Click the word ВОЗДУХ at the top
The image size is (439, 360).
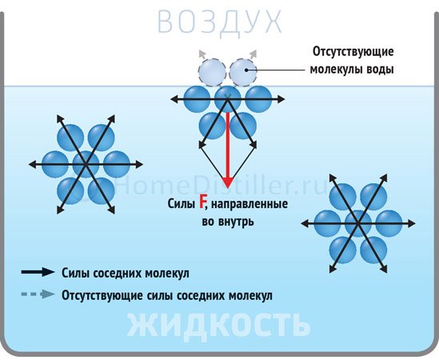(x=219, y=22)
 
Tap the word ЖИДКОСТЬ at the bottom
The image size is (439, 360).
(x=219, y=325)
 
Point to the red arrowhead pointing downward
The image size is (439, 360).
(x=228, y=182)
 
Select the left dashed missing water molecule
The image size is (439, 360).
(x=212, y=73)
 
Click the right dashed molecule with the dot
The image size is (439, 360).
(x=243, y=73)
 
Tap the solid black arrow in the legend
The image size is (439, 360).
(x=38, y=272)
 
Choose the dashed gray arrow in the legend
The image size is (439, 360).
(x=38, y=294)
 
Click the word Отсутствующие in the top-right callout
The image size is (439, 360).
(x=353, y=52)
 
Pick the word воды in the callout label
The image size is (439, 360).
(x=380, y=69)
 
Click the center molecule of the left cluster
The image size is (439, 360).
(x=86, y=164)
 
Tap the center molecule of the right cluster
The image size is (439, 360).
(x=358, y=223)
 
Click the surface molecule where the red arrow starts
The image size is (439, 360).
(x=228, y=98)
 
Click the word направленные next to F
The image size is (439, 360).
(x=249, y=204)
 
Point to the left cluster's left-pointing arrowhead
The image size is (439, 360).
(x=33, y=165)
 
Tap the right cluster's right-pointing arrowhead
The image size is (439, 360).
(x=411, y=223)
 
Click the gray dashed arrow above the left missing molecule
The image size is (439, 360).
(x=202, y=54)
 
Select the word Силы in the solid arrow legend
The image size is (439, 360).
(x=75, y=273)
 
